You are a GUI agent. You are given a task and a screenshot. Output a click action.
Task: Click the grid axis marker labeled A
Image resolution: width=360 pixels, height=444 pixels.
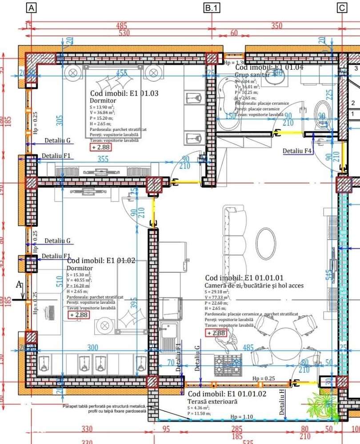(x=31, y=8)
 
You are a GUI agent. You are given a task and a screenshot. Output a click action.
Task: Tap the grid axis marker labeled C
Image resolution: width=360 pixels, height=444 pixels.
(x=341, y=8)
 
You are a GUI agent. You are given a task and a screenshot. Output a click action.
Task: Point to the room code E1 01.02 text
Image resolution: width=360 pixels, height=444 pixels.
(x=101, y=261)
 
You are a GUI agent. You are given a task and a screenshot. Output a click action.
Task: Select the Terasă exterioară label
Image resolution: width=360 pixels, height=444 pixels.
(x=212, y=401)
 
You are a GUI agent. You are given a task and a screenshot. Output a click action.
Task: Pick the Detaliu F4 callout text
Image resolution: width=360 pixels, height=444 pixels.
(x=298, y=151)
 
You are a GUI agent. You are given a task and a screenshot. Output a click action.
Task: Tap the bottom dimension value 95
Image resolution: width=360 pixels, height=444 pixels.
(x=166, y=429)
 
